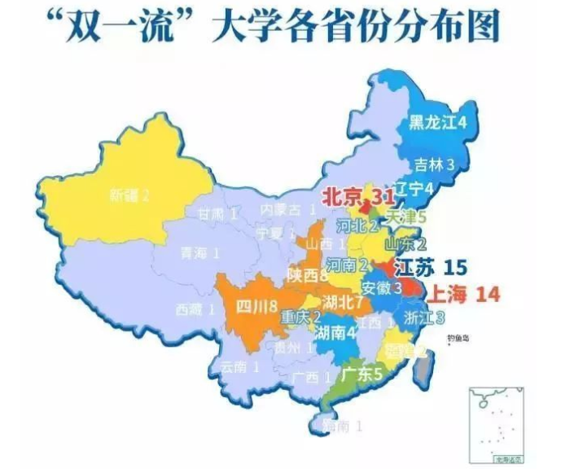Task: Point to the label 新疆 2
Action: coord(129,195)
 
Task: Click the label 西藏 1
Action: coord(195,309)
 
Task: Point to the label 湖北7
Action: coord(342,303)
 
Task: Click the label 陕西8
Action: coord(306,275)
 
